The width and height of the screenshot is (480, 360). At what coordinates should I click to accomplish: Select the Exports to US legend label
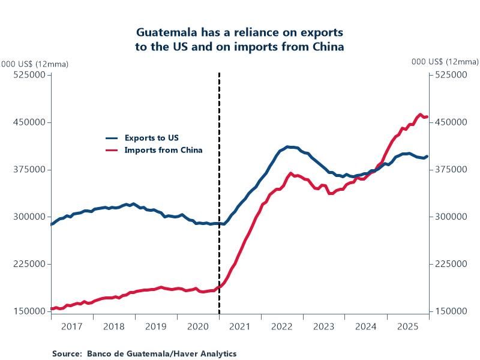pos(151,138)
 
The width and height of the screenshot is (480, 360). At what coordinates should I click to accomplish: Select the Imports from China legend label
pos(163,150)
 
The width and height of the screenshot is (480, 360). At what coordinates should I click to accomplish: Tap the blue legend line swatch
pos(112,138)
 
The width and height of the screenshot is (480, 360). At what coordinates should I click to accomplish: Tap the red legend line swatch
pos(112,150)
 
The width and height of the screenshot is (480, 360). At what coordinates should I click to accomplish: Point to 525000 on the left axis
pos(30,75)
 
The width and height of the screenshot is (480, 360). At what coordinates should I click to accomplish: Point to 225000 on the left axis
pos(30,264)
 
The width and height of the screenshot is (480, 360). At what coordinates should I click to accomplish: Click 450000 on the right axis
pos(451,122)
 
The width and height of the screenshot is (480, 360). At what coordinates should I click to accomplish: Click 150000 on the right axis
pos(451,311)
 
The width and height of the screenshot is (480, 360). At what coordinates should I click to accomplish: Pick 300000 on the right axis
pos(451,217)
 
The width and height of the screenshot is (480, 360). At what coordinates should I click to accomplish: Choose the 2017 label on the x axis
pos(71,327)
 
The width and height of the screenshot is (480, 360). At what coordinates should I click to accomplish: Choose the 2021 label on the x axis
pos(239,327)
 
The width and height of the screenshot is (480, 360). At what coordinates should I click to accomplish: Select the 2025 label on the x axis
pos(407,327)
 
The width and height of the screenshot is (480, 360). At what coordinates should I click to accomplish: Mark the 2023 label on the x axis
pos(323,327)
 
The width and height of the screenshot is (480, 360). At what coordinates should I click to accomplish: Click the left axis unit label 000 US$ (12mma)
pos(35,63)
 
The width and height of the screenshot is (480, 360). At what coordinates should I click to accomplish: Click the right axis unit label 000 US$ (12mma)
pos(445,62)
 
